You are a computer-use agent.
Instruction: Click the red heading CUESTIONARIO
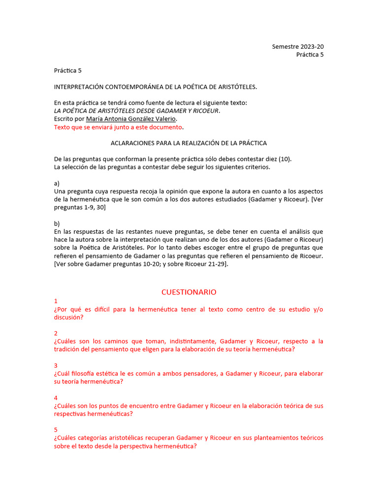(x=189, y=292)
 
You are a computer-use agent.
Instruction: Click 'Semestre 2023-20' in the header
(x=298, y=47)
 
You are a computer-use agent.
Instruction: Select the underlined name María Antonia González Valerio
(x=130, y=119)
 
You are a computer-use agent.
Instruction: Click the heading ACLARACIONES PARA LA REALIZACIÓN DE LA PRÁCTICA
(x=189, y=143)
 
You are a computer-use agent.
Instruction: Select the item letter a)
(x=57, y=183)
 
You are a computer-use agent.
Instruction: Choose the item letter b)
(x=57, y=223)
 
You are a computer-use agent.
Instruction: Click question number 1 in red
(x=56, y=301)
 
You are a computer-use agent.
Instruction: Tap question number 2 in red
(x=56, y=333)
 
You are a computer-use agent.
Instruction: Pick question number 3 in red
(x=56, y=365)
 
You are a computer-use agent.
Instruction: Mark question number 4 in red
(x=56, y=398)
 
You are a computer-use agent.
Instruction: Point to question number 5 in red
(x=56, y=430)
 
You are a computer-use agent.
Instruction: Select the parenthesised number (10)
(x=285, y=159)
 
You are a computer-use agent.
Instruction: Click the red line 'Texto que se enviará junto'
(x=118, y=127)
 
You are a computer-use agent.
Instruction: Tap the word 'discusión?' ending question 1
(x=68, y=317)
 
